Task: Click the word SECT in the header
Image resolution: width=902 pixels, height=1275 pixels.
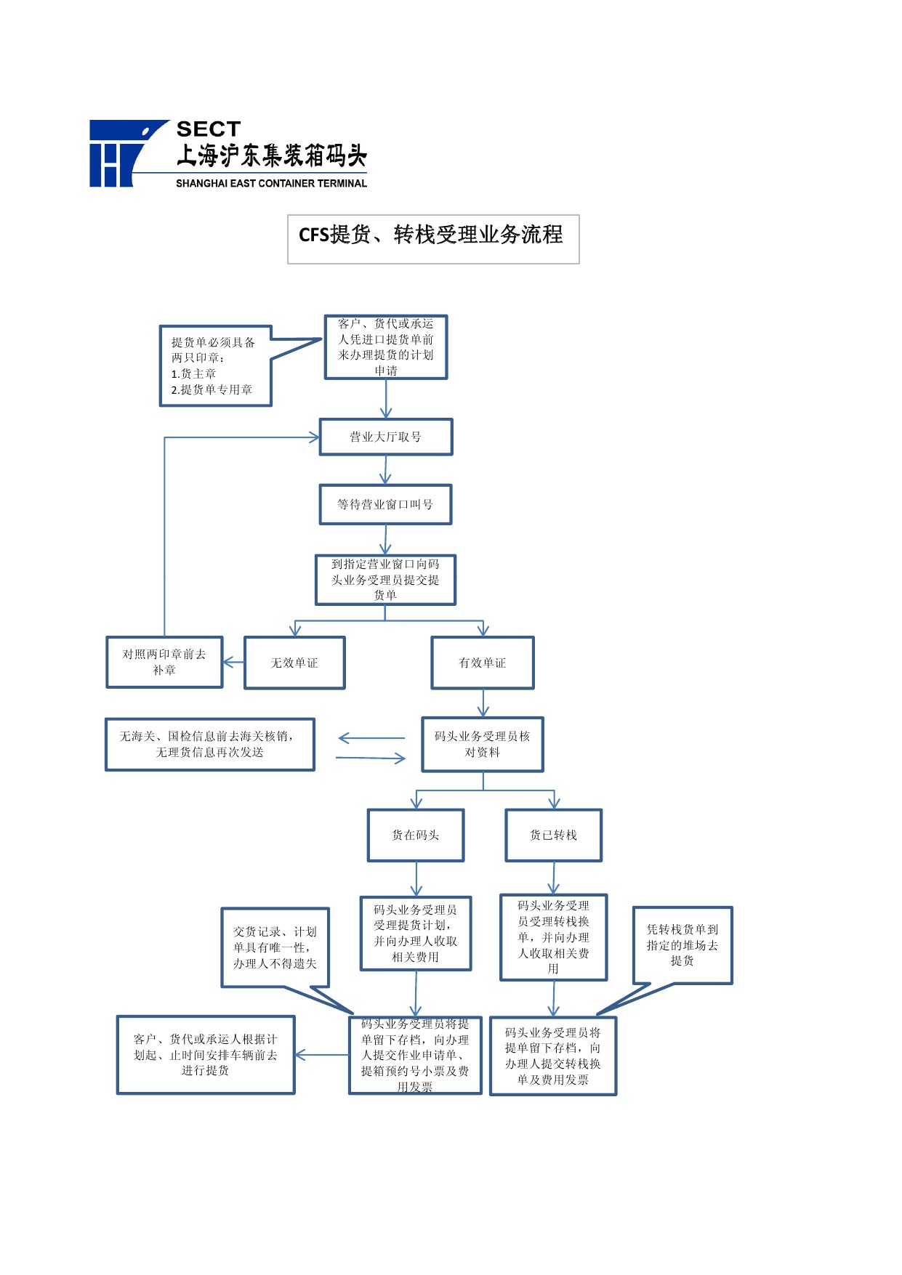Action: pos(209,129)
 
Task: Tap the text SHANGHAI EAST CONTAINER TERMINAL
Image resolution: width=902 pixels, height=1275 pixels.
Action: pos(271,183)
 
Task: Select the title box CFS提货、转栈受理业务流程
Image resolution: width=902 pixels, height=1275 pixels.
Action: pos(433,239)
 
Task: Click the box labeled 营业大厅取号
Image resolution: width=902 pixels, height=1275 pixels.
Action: pos(386,437)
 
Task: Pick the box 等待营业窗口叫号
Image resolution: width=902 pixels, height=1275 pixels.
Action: pos(385,504)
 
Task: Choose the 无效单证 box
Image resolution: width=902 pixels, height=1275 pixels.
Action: pos(294,663)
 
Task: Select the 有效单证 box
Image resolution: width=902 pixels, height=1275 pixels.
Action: pos(483,663)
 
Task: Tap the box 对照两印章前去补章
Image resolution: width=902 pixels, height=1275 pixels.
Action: pos(164,662)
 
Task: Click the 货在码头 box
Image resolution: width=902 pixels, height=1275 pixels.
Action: pos(416,835)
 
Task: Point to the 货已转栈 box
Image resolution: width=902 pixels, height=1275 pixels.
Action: pos(554,835)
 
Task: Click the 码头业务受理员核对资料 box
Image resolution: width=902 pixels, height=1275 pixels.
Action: pos(483,744)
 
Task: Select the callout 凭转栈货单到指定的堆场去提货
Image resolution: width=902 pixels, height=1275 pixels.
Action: pos(682,945)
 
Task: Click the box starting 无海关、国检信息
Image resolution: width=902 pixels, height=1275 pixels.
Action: pos(210,744)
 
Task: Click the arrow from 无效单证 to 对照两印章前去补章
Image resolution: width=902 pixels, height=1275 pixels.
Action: pos(233,663)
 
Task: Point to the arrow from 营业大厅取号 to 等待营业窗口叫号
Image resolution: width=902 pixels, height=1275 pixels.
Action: pos(385,470)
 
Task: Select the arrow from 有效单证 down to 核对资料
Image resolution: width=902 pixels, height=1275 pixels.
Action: pos(483,703)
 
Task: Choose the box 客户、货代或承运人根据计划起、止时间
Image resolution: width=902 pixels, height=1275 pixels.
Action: pos(206,1055)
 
